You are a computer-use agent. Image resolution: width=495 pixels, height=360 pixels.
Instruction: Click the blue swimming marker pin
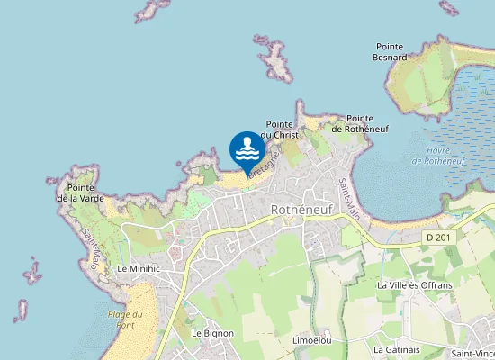247,149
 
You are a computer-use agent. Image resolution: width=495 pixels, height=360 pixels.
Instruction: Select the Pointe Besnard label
390,51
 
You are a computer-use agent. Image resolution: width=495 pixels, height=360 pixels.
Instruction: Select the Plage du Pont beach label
125,319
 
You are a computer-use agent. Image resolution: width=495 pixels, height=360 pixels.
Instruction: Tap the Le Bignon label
212,333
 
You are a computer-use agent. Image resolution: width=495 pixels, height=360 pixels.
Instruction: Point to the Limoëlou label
312,340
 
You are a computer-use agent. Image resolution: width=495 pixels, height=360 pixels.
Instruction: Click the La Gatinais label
397,348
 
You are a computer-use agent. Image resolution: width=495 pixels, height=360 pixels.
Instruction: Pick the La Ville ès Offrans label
411,285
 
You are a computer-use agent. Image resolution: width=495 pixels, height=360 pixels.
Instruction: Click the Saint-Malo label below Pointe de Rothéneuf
348,195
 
